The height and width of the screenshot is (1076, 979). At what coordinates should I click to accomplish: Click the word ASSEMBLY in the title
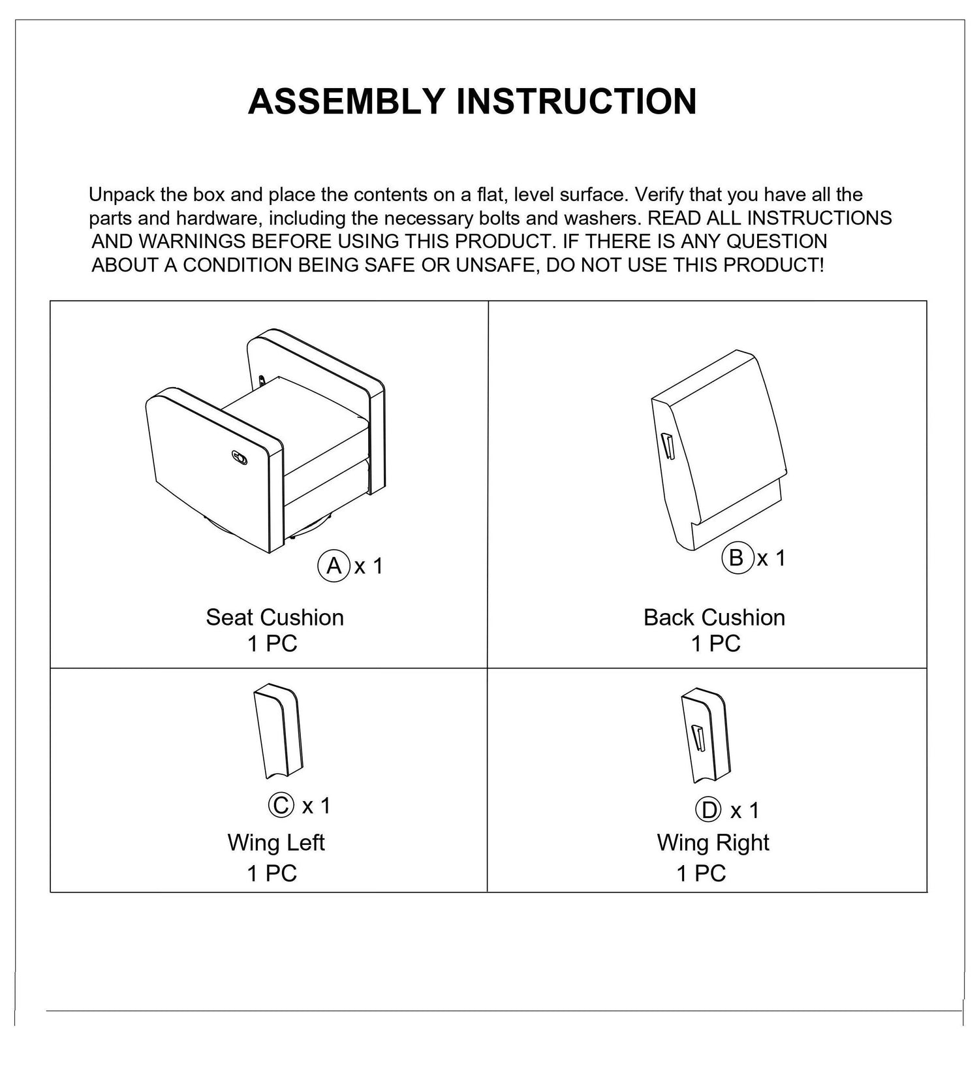347,101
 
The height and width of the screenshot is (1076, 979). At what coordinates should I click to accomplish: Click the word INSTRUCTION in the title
576,101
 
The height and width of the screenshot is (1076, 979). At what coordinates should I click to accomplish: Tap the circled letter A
334,565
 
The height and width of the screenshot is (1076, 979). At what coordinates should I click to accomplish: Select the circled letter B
737,558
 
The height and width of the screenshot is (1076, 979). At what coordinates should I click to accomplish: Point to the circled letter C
281,805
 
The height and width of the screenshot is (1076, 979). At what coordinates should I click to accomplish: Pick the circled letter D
709,811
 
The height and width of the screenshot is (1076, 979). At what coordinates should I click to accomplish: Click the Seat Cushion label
275,618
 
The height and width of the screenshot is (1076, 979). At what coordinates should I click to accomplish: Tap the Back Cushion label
714,618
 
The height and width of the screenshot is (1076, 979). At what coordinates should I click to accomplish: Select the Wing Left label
275,842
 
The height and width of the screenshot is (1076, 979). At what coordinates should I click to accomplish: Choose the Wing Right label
713,842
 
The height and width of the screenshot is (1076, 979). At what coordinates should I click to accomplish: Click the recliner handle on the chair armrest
239,457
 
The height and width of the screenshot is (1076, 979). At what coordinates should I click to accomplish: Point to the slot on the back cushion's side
667,447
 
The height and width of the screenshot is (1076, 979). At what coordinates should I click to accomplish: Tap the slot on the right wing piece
699,738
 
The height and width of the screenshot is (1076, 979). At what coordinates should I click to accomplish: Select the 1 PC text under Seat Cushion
272,644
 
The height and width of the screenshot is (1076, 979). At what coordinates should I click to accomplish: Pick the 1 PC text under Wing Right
701,873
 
